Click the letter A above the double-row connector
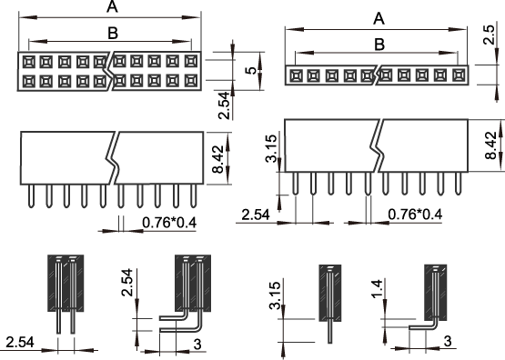112,6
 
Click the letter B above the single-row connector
379,44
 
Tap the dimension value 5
251,70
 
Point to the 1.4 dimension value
377,289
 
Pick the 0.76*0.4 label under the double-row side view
169,223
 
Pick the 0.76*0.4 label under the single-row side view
415,215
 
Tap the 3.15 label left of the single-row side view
271,148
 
